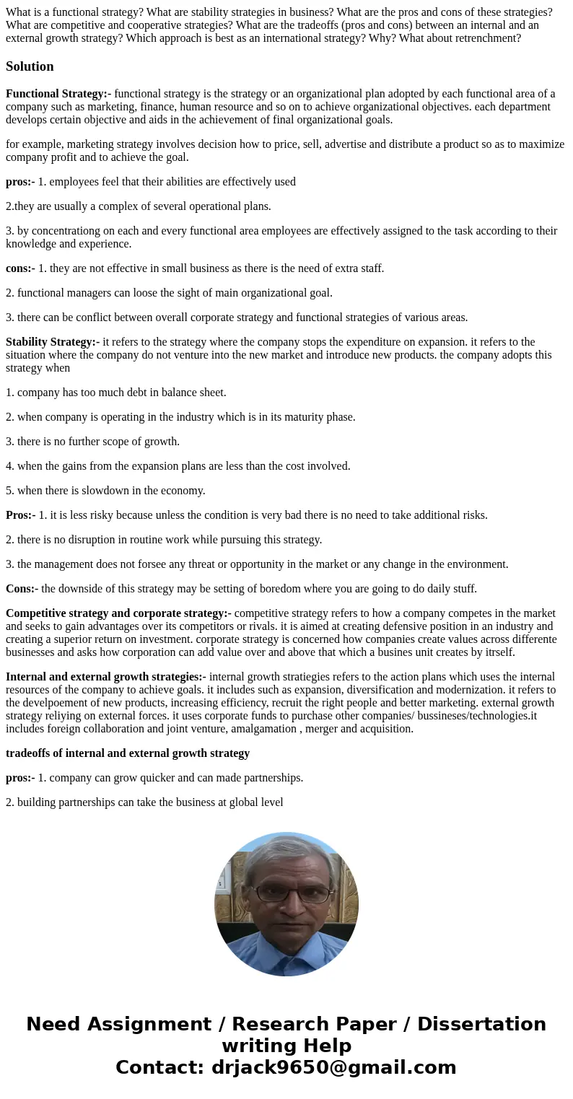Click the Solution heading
[x=30, y=66]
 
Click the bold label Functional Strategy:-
[x=58, y=94]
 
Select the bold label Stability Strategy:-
[x=53, y=342]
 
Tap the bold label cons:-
[x=20, y=268]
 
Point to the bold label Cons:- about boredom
[x=22, y=589]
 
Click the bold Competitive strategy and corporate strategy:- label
[x=118, y=613]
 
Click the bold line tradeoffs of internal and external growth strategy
[x=128, y=753]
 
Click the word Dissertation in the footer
[x=481, y=1024]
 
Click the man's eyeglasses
[x=293, y=893]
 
